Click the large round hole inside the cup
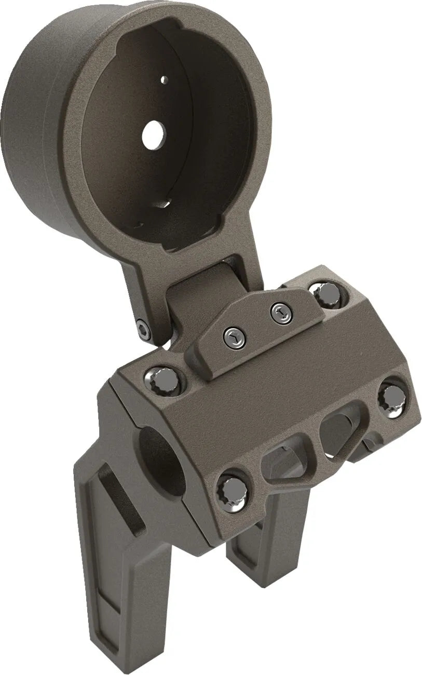[x=154, y=133]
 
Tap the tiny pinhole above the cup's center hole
[x=164, y=79]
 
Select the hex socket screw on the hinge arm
[x=144, y=329]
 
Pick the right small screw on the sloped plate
[x=280, y=313]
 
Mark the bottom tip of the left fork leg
[x=112, y=649]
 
